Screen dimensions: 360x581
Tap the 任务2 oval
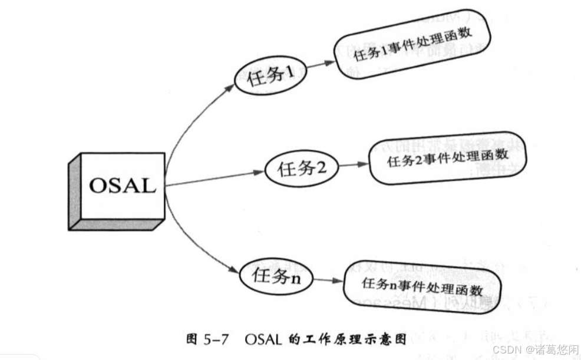[x=301, y=169]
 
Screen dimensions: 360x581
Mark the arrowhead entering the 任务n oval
[x=235, y=269]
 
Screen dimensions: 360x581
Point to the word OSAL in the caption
[x=265, y=340]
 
